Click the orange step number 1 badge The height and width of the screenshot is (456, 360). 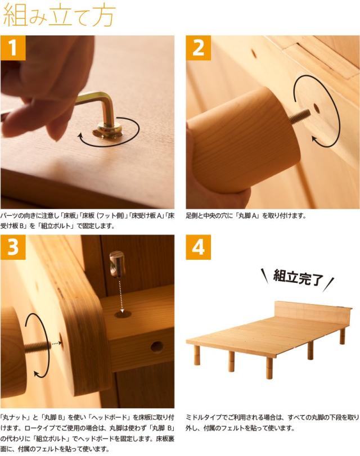pos(13,48)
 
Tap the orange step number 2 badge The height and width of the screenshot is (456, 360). pos(199,48)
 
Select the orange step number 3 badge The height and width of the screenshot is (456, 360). pos(13,247)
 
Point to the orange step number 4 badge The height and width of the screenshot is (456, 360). pos(199,247)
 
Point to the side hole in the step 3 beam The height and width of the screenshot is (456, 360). pos(157,346)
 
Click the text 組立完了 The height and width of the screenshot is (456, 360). pos(298,277)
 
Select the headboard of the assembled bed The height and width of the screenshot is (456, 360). pos(313,313)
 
